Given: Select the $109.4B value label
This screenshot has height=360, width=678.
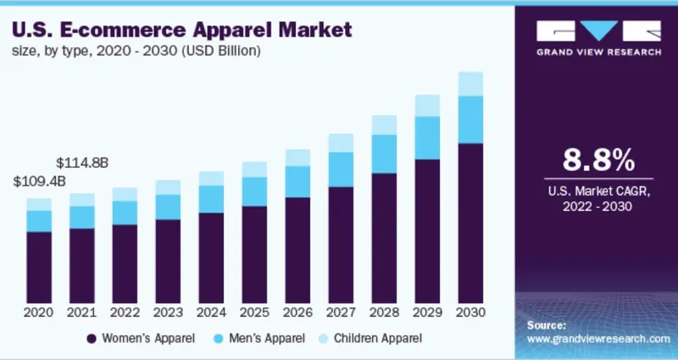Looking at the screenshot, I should pyautogui.click(x=38, y=181).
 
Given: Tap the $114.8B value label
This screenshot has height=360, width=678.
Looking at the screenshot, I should pyautogui.click(x=81, y=162).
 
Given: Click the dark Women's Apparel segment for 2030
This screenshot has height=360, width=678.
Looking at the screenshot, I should pyautogui.click(x=470, y=224).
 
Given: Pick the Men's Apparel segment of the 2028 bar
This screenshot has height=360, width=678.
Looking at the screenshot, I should pyautogui.click(x=384, y=153).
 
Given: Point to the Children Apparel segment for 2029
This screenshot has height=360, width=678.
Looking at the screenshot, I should pyautogui.click(x=427, y=105).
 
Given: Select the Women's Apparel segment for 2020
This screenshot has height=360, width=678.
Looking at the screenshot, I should pyautogui.click(x=38, y=268).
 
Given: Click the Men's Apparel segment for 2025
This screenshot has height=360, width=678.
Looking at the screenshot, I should pyautogui.click(x=254, y=191).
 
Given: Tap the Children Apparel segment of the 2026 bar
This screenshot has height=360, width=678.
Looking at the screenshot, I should pyautogui.click(x=297, y=158).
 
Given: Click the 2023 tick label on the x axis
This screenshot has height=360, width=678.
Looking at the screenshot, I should pyautogui.click(x=168, y=313).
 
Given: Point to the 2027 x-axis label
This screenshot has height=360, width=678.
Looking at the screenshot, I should pyautogui.click(x=341, y=313).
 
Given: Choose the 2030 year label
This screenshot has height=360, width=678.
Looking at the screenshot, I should pyautogui.click(x=470, y=313).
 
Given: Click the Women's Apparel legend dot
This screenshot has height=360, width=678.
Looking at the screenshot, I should pyautogui.click(x=91, y=338).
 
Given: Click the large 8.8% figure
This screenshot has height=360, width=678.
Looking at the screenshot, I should pyautogui.click(x=598, y=160).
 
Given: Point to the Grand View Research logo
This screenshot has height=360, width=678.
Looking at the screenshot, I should pyautogui.click(x=598, y=39).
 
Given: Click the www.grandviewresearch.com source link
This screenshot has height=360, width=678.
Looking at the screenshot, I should pyautogui.click(x=597, y=338).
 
